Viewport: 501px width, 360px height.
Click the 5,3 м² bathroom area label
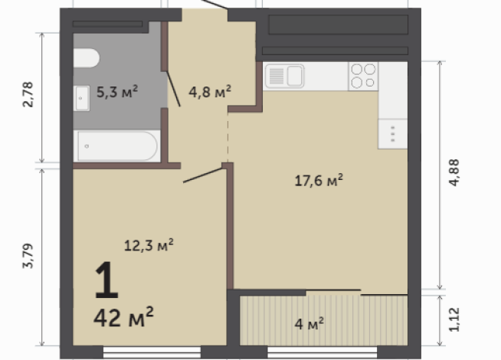117,93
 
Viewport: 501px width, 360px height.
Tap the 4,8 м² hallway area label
210,93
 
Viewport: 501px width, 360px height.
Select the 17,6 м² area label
318,181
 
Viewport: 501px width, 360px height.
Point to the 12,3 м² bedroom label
149,245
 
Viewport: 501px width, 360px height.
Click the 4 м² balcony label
309,325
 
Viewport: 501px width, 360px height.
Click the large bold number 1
106,282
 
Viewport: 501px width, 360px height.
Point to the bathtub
116,146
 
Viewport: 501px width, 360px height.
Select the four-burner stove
363,75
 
